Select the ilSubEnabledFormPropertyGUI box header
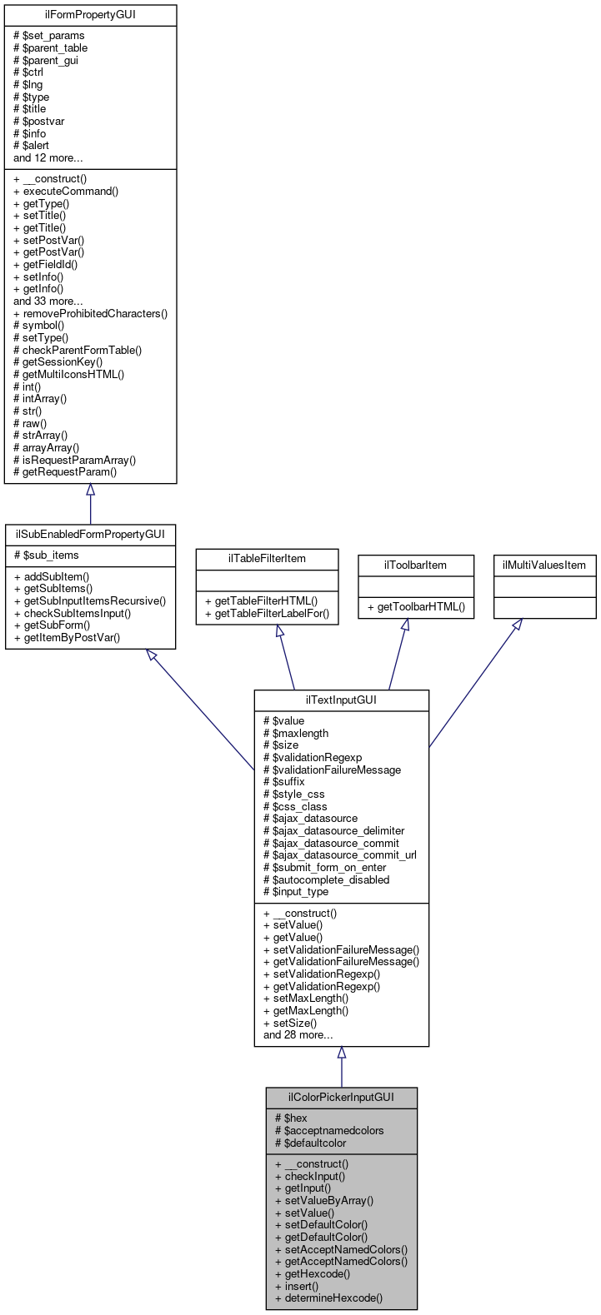90,535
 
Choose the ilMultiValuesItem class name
544,565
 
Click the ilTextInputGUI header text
341,700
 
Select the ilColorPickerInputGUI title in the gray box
341,1098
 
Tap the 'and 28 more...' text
298,1035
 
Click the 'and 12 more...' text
48,157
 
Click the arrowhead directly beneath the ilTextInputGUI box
341,1053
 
